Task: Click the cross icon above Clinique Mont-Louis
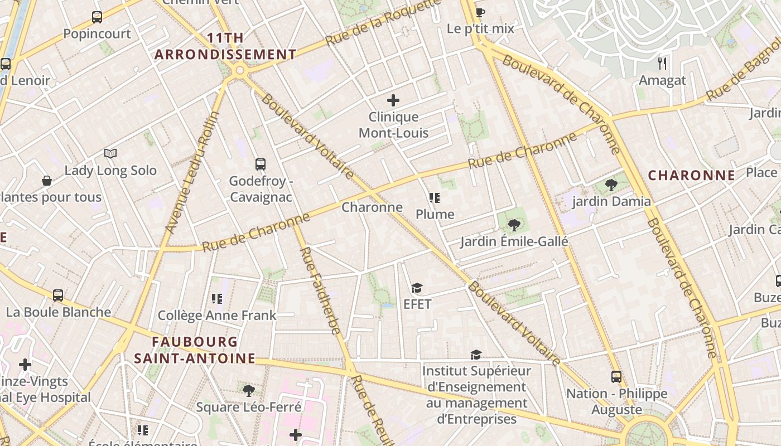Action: (x=393, y=100)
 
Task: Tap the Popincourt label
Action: (x=97, y=33)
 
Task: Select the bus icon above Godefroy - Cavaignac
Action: (x=261, y=164)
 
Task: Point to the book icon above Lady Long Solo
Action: (x=110, y=153)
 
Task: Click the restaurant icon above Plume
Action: (x=435, y=198)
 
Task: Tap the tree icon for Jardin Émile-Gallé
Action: (x=514, y=225)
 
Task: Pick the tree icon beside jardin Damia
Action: (x=611, y=185)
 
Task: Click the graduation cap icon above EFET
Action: (x=417, y=288)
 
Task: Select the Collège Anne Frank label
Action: (x=217, y=316)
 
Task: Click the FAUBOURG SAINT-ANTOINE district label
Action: (x=195, y=350)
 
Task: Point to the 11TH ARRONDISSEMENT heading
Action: (x=225, y=46)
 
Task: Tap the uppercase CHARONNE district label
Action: (x=692, y=176)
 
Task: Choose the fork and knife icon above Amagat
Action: (x=662, y=63)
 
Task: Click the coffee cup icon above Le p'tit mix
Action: (x=480, y=12)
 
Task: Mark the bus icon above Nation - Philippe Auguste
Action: (x=616, y=377)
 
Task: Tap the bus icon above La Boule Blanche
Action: (x=58, y=295)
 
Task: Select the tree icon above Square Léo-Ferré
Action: (x=249, y=390)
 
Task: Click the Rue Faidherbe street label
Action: (x=320, y=290)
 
